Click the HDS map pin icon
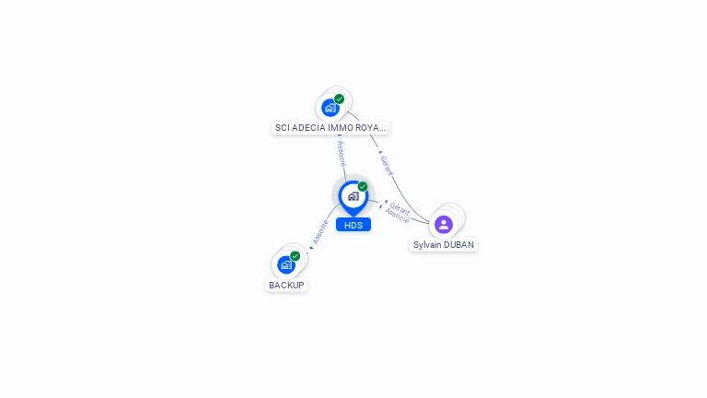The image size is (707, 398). tap(352, 196)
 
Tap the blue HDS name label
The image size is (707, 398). tap(353, 225)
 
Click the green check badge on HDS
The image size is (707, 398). tap(363, 186)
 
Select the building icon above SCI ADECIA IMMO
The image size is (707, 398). tap(330, 108)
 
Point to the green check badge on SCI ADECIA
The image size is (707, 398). tap(340, 99)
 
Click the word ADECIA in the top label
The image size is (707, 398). tap(307, 128)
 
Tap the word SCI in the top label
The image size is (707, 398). tap(283, 128)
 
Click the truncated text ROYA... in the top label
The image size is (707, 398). tap(373, 128)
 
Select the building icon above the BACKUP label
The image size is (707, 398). tap(286, 265)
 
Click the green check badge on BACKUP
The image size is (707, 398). tap(296, 255)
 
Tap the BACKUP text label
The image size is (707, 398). tap(286, 286)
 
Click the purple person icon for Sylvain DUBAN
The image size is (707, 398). tap(444, 225)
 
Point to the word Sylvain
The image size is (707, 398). tap(428, 245)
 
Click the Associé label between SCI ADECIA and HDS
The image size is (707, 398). tap(342, 153)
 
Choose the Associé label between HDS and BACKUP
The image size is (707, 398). tap(320, 231)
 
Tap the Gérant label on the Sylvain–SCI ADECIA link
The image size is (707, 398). tap(387, 166)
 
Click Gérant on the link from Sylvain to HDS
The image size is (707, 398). tap(400, 207)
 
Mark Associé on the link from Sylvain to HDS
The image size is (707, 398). tap(397, 217)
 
